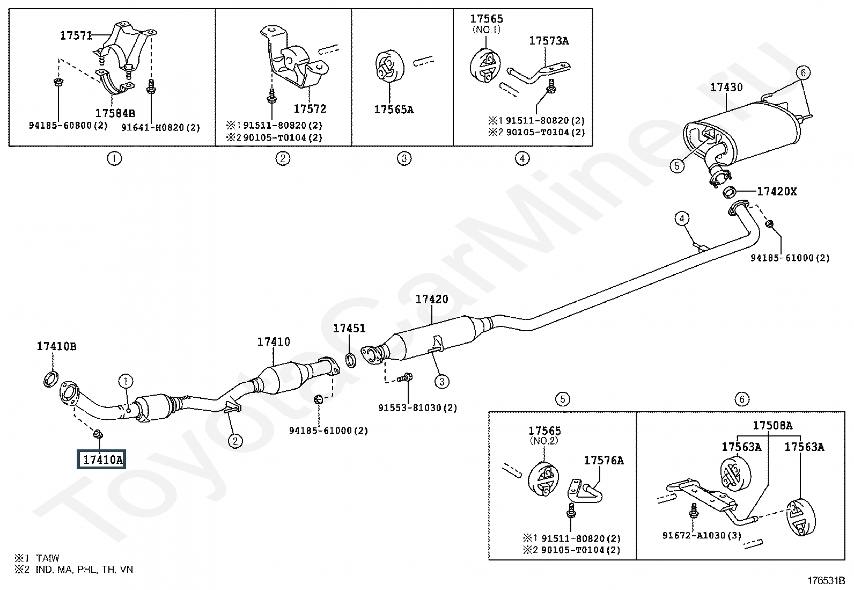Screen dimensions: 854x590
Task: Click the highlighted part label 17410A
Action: coord(101,459)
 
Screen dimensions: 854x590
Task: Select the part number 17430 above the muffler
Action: coord(726,88)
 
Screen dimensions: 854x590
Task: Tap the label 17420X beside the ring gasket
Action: coord(777,191)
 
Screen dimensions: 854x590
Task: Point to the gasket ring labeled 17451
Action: coord(351,360)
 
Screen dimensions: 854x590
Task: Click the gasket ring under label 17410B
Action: coord(51,378)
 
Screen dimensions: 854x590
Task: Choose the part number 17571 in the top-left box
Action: coord(76,35)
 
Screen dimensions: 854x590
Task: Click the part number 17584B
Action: coord(115,113)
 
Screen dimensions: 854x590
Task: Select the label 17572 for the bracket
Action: coord(310,109)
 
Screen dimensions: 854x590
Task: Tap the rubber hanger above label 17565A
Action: coord(389,65)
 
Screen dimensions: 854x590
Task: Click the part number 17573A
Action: coord(549,41)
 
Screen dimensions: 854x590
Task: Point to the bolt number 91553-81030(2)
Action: coord(417,407)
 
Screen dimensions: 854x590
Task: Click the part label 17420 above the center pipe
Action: coord(432,299)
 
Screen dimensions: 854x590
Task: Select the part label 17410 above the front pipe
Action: coord(274,341)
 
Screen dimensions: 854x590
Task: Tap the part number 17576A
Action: coord(604,461)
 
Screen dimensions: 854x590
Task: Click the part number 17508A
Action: coord(772,425)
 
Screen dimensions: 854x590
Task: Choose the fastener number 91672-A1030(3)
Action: coord(702,535)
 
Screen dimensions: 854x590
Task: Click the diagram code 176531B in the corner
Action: coord(826,580)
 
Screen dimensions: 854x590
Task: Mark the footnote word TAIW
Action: coord(48,558)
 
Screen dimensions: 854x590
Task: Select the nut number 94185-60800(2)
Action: coord(68,125)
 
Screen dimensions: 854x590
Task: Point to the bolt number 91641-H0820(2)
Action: coord(160,127)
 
